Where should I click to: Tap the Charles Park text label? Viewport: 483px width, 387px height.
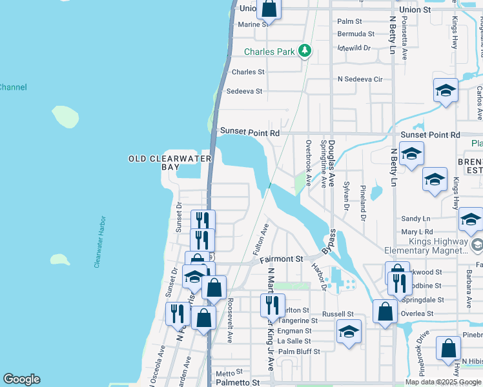coord(269,52)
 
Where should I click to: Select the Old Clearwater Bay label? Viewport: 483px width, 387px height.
coord(161,163)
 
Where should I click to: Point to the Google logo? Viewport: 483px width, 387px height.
coord(21,379)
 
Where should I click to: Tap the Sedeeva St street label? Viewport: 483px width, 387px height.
coord(244,92)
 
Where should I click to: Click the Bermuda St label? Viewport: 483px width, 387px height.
coord(356,34)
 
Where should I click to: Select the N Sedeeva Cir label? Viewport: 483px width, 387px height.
coord(360,79)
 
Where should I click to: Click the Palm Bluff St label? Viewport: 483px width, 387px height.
coord(299,352)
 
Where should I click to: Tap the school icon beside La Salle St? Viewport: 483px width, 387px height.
coord(349,332)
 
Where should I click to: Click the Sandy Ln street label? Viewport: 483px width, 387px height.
coord(415,219)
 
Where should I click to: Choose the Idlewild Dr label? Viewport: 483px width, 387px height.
coord(354,48)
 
